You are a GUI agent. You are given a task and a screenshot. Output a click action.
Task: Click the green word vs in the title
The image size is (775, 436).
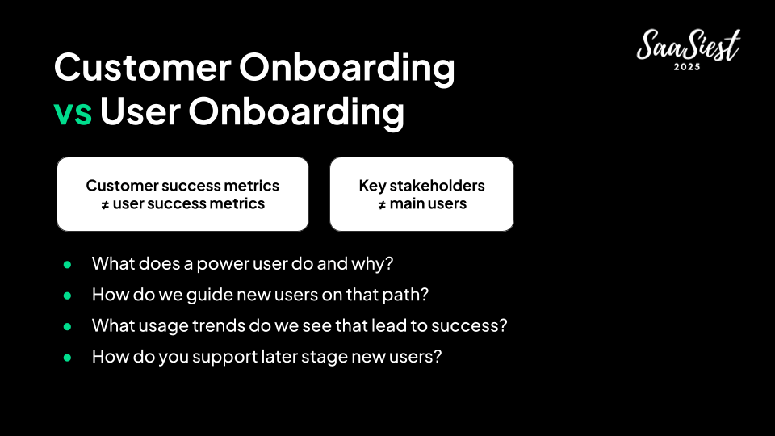[x=73, y=113]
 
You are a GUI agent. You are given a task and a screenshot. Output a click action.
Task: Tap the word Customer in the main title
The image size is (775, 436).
[x=143, y=67]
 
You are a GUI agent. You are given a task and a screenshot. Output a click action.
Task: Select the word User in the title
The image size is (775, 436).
[x=140, y=111]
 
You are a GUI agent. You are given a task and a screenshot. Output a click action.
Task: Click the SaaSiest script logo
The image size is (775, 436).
[x=689, y=44]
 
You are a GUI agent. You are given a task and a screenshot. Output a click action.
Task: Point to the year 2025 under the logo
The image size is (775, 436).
[x=687, y=67]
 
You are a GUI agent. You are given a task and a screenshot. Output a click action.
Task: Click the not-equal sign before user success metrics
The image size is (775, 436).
[x=105, y=204]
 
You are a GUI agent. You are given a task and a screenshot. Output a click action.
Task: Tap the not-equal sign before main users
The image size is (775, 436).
[x=382, y=204]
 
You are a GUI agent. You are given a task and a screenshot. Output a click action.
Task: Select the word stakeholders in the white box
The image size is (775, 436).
[x=437, y=186]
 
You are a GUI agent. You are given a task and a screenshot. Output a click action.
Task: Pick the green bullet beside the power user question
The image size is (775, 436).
[x=67, y=265]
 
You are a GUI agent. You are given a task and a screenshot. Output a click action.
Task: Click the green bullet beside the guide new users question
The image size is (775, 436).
[x=67, y=296]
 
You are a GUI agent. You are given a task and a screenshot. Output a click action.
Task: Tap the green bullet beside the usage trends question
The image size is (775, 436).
[x=67, y=327]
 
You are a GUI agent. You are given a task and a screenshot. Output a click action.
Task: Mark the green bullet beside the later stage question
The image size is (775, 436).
[x=67, y=358]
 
